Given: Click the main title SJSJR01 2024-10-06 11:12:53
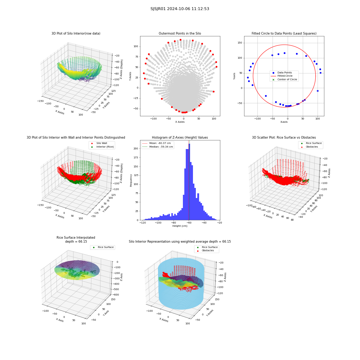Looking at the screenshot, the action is (180, 9).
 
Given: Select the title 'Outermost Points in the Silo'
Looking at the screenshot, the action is (180, 33).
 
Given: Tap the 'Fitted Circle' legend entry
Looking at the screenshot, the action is (285, 76).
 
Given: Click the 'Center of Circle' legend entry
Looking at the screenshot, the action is (287, 80).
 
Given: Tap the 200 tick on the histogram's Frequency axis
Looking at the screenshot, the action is (136, 149).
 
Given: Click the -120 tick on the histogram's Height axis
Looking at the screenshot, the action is (143, 222).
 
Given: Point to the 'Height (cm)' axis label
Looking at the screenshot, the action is (180, 226).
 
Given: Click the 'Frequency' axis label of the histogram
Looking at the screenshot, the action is (131, 180).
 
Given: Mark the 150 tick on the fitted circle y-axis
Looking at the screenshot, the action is (240, 43).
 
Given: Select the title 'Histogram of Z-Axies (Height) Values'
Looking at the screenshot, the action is (180, 138).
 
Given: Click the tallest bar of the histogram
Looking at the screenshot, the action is (189, 182).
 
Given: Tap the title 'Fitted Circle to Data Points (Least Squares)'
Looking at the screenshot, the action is (284, 33).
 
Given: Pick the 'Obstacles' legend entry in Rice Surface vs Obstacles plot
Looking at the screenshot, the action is (312, 147).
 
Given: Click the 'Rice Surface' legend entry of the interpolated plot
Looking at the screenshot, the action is (105, 247).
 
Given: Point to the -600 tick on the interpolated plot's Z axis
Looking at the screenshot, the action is (116, 295).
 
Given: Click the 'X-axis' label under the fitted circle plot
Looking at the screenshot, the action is (284, 122).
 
